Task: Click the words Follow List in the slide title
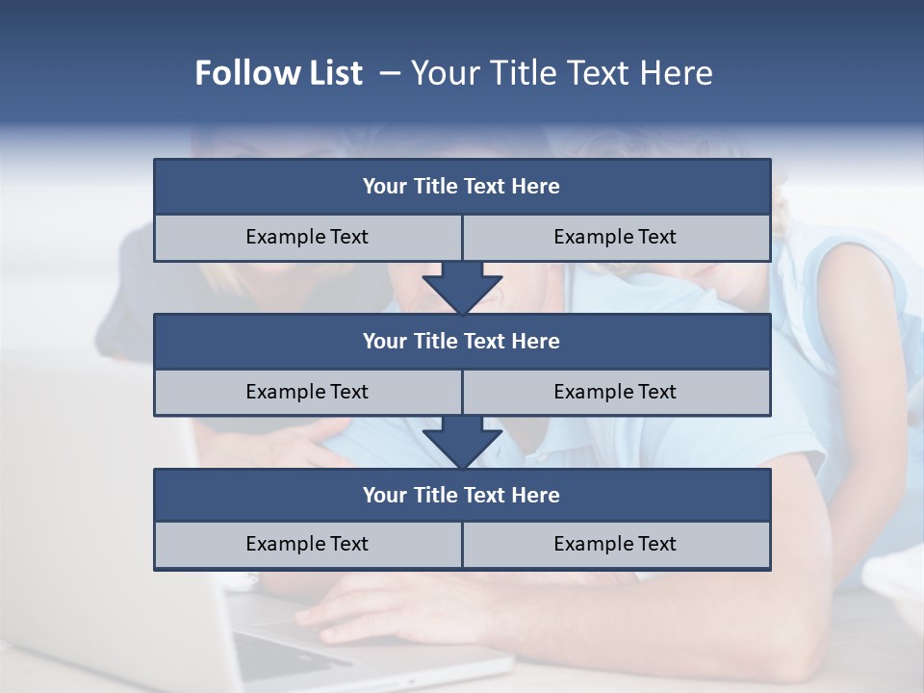tap(278, 73)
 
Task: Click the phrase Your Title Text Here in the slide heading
tap(561, 73)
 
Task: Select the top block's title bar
tap(462, 187)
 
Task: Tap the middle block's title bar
tap(462, 341)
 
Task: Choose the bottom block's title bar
tap(462, 495)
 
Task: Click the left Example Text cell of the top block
tap(307, 237)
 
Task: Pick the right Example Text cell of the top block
tap(615, 237)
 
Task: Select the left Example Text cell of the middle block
tap(307, 392)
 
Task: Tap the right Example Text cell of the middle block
tap(615, 392)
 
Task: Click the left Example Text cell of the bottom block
tap(307, 544)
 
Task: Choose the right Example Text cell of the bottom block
tap(615, 544)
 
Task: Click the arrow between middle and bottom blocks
tap(462, 442)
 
